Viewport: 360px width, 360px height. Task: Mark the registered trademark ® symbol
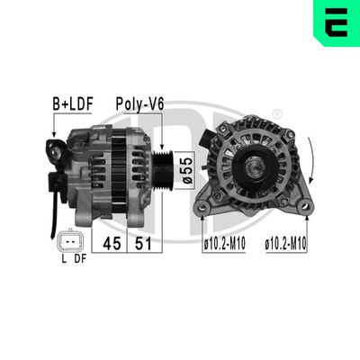click(276, 113)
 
